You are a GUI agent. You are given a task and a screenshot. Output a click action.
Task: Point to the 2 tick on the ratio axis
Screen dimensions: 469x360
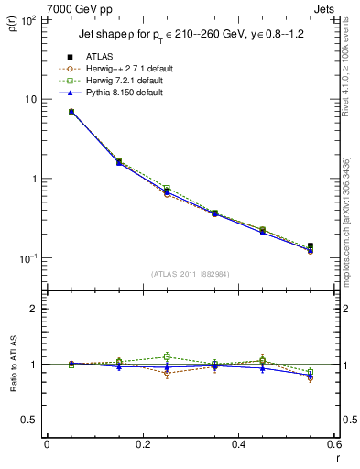[35, 309]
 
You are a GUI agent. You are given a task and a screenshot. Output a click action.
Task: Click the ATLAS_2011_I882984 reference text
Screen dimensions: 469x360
[190, 273]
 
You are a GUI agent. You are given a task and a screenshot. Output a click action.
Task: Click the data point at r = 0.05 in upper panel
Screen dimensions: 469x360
[71, 112]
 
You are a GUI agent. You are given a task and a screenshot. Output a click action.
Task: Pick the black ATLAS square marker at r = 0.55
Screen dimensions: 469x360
[311, 245]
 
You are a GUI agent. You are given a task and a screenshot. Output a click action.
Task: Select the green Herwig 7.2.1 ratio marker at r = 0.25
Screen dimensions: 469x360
[167, 356]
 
